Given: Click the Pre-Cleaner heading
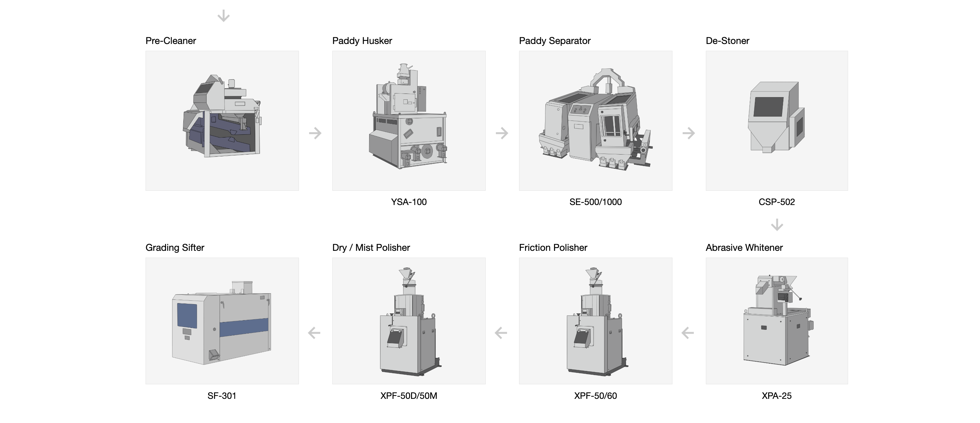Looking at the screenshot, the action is tap(170, 41).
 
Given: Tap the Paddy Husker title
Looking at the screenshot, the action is tap(362, 41).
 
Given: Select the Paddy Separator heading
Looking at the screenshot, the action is tap(555, 41).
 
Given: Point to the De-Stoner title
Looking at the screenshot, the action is tap(727, 41).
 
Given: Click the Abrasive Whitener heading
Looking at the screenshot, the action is tap(744, 248).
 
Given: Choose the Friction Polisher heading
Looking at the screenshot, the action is tap(553, 248).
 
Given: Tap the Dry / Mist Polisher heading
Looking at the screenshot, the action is tap(371, 248).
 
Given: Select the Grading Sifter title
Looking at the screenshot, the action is tap(175, 248).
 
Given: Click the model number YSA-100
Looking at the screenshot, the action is tap(409, 202).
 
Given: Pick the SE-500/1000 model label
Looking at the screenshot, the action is tap(595, 202).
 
